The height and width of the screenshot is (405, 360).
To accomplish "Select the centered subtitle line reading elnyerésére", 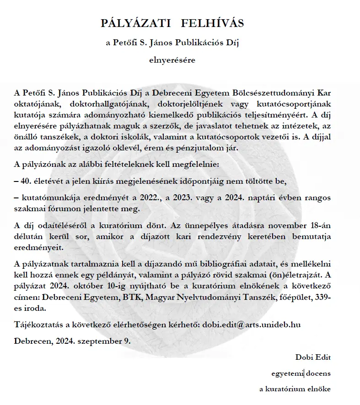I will tap(172, 59).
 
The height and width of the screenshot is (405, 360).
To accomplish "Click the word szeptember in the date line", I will tap(104, 341).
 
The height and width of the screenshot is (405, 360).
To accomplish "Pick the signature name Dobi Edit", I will tap(313, 357).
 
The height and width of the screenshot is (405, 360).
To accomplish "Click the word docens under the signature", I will tap(318, 373).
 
